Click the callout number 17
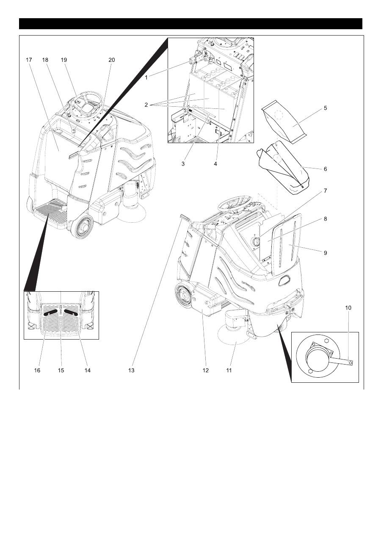29,60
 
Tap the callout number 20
111,60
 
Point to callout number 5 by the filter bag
325,108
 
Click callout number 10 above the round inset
348,308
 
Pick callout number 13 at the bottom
131,370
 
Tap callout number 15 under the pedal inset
61,370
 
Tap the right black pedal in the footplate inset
71,313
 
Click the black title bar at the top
190,24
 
